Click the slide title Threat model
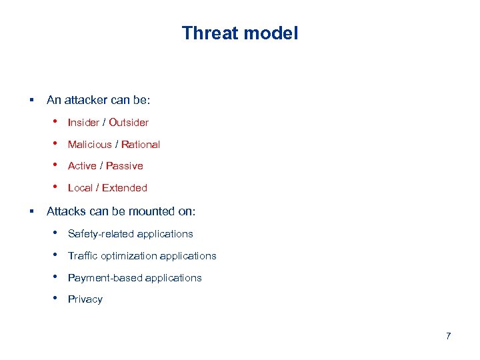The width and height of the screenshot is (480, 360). pos(240,33)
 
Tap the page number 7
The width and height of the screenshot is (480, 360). pos(448,335)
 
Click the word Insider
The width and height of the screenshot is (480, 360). pos(83,123)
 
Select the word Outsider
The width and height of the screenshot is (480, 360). pos(129,123)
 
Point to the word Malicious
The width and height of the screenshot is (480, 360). pos(89,145)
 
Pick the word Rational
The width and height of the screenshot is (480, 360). pos(141,145)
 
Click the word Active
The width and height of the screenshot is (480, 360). pos(82,166)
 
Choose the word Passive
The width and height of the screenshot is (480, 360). pos(125,166)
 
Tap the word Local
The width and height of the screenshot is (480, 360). pos(80,188)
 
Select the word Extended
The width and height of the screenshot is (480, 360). pos(125,188)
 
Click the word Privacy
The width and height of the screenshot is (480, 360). pos(85,299)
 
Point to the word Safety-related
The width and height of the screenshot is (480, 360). pos(99,234)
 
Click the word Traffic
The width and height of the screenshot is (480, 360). pos(83,256)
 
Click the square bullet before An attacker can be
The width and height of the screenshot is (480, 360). pos(31,101)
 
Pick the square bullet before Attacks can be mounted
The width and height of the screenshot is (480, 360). pos(31,212)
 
